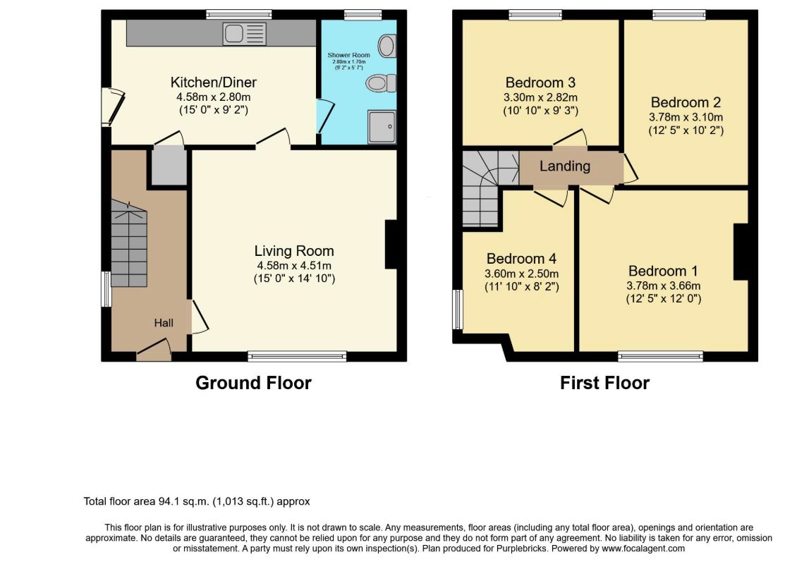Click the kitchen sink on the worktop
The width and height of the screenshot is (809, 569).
point(245,34)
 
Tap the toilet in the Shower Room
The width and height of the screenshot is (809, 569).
point(382,82)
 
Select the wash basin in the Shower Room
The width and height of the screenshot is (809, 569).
point(387,45)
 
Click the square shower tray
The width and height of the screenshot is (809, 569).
point(382,126)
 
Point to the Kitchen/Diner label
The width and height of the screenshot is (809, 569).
point(214,82)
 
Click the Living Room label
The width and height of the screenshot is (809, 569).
point(294,251)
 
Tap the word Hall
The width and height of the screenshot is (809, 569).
point(164,323)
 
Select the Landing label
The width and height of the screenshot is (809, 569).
point(565,166)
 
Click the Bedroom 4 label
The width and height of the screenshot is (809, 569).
point(522,259)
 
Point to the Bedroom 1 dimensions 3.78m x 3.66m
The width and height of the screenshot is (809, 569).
point(664,286)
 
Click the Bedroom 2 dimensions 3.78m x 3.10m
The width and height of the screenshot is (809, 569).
point(686,117)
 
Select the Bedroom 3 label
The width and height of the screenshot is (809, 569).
point(540,82)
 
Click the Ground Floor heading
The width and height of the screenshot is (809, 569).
point(253,383)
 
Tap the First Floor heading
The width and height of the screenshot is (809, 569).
point(604,383)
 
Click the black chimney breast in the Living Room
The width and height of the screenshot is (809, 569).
point(391,245)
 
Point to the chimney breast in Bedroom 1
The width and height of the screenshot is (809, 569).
point(741,252)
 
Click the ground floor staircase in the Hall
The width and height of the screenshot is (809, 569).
point(129,243)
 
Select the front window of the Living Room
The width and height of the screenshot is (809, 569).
point(297,355)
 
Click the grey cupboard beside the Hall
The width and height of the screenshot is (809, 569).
point(169,166)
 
